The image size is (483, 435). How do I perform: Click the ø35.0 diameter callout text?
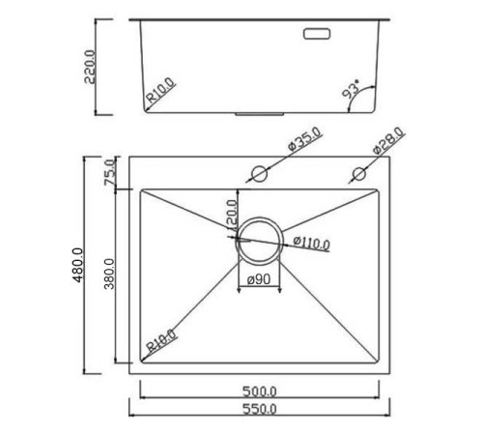pyautogui.click(x=303, y=144)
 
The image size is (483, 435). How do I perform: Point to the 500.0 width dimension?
pyautogui.click(x=260, y=391)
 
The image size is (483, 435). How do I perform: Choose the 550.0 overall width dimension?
pyautogui.click(x=260, y=411)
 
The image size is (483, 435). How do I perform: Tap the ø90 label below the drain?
pyautogui.click(x=260, y=280)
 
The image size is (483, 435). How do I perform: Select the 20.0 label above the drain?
pyautogui.click(x=232, y=209)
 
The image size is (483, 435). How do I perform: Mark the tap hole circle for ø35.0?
pyautogui.click(x=258, y=174)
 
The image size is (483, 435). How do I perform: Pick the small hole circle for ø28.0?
pyautogui.click(x=358, y=174)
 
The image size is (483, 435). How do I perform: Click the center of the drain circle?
pyautogui.click(x=259, y=239)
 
